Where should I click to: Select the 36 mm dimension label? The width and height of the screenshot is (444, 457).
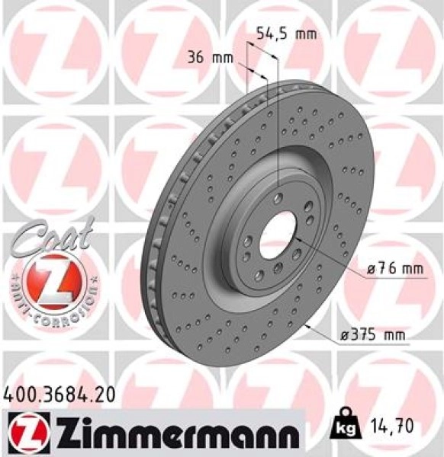click(x=211, y=58)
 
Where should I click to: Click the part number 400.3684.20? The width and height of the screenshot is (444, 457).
click(x=60, y=394)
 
